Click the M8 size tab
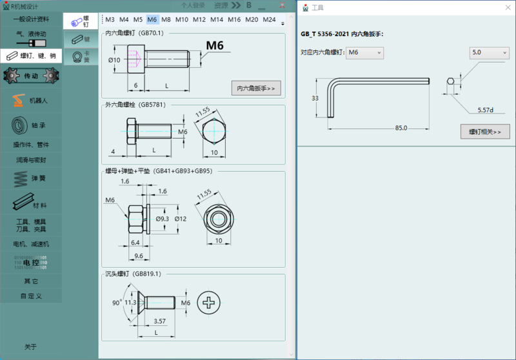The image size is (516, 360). (166, 19)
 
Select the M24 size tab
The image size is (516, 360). (269, 19)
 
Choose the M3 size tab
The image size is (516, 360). (110, 19)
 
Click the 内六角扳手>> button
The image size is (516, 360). (256, 88)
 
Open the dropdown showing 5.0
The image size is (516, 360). (488, 52)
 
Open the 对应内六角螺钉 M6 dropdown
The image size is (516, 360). (365, 52)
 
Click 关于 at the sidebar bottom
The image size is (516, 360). (31, 346)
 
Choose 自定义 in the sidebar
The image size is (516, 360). (31, 296)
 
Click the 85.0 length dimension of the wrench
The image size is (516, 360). (401, 128)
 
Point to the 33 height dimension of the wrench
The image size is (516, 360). (315, 98)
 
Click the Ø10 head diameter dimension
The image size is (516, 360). (114, 60)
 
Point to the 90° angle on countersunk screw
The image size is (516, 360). (117, 302)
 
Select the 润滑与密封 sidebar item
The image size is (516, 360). (31, 159)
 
